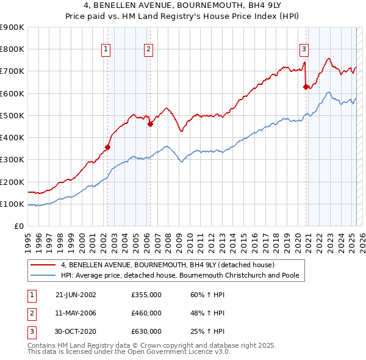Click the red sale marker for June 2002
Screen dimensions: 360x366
coord(107,147)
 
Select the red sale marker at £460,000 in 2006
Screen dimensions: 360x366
coord(149,124)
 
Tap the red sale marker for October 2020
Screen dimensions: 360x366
coord(306,87)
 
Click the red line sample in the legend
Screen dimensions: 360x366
coord(43,265)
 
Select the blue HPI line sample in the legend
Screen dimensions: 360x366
coord(43,275)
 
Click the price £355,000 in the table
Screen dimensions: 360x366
coord(146,295)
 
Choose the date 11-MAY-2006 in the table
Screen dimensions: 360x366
coord(76,313)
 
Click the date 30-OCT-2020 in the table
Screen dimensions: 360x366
coord(76,331)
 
